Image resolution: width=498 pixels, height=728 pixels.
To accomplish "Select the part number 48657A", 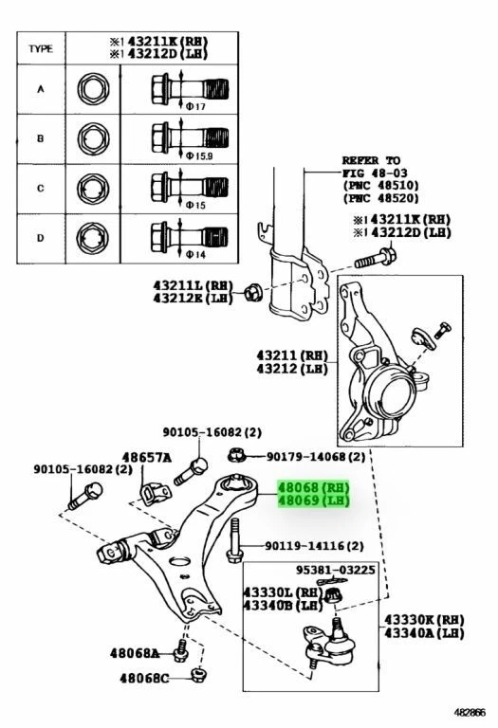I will pyautogui.click(x=145, y=458).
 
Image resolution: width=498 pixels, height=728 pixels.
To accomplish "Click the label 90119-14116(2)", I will pyautogui.click(x=313, y=547).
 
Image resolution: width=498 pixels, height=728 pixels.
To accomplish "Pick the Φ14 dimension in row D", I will pyautogui.click(x=196, y=255).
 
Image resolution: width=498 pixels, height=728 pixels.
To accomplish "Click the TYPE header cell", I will pyautogui.click(x=40, y=48).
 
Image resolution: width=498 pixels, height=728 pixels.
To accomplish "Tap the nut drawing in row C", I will pyautogui.click(x=94, y=187).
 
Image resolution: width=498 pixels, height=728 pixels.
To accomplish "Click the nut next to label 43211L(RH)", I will pyautogui.click(x=252, y=291).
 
